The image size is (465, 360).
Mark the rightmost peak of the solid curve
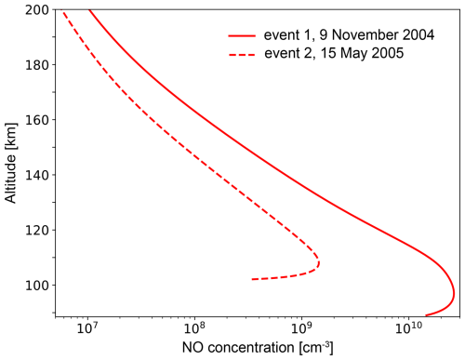(x=454, y=296)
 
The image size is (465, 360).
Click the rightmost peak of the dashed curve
(x=319, y=264)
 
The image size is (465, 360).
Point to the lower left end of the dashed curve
(x=253, y=279)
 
